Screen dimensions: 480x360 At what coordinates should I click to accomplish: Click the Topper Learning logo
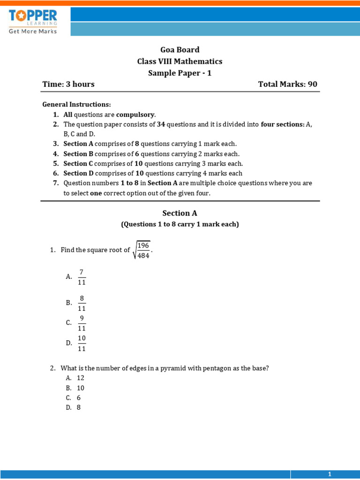pyautogui.click(x=33, y=21)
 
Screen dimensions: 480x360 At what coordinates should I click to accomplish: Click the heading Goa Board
pyautogui.click(x=180, y=50)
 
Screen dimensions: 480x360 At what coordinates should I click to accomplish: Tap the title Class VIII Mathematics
pyautogui.click(x=180, y=61)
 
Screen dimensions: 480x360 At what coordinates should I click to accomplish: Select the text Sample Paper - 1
pyautogui.click(x=180, y=73)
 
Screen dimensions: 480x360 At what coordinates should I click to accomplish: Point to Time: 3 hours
pyautogui.click(x=68, y=84)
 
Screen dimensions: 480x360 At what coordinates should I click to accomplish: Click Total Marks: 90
pyautogui.click(x=288, y=84)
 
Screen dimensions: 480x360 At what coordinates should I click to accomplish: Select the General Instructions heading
pyautogui.click(x=76, y=104)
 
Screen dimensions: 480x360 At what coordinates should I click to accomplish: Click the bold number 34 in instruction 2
pyautogui.click(x=160, y=124)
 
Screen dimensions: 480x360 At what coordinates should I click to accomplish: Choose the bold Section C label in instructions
pyautogui.click(x=75, y=164)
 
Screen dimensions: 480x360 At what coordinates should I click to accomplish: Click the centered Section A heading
pyautogui.click(x=180, y=213)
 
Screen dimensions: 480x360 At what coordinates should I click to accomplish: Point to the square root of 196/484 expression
pyautogui.click(x=142, y=249)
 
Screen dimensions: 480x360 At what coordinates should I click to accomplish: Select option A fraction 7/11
pyautogui.click(x=82, y=277)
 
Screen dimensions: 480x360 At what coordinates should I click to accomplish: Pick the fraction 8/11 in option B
pyautogui.click(x=82, y=303)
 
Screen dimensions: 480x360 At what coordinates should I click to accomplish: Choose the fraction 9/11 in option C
pyautogui.click(x=82, y=323)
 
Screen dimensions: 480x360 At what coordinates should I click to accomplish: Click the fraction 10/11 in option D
pyautogui.click(x=82, y=343)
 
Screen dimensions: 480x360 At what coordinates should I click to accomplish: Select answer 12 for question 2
pyautogui.click(x=81, y=378)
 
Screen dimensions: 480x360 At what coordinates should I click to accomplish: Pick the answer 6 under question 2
pyautogui.click(x=79, y=397)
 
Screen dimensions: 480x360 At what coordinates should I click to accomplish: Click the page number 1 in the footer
pyautogui.click(x=330, y=474)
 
